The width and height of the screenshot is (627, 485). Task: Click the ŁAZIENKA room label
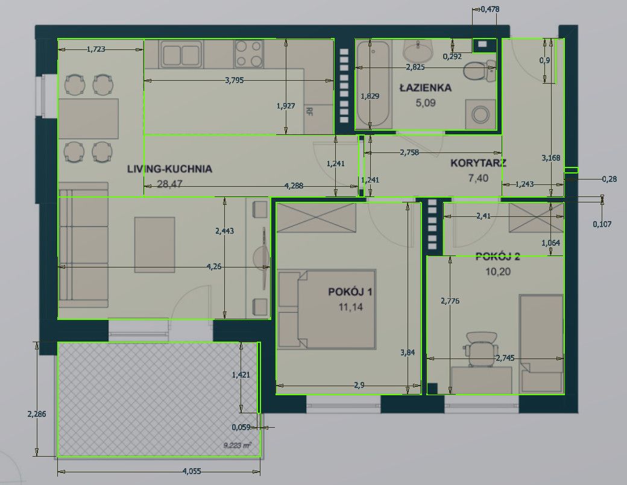[x=426, y=87]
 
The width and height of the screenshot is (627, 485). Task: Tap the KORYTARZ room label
[x=478, y=163]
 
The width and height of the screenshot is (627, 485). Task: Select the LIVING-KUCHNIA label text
[x=169, y=169]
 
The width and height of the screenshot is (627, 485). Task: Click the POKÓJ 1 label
[x=350, y=292]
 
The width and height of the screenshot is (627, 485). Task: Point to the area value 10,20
[x=498, y=272]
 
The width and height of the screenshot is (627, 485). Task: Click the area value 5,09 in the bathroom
[x=426, y=102]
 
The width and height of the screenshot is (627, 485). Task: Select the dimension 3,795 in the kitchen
[x=235, y=80]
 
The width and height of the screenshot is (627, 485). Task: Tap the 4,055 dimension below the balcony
[x=192, y=471]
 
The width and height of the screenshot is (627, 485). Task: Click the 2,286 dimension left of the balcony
[x=36, y=414]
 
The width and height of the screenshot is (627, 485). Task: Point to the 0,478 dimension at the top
[x=490, y=9]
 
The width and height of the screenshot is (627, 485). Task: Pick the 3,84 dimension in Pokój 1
[x=408, y=352]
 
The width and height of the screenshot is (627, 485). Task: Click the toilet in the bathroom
[x=479, y=70]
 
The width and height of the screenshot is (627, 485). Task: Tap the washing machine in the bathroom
[x=480, y=114]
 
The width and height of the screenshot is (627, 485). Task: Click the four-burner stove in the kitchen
[x=249, y=54]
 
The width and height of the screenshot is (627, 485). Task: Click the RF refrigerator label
[x=309, y=111]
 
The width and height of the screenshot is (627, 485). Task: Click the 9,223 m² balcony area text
[x=238, y=445]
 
